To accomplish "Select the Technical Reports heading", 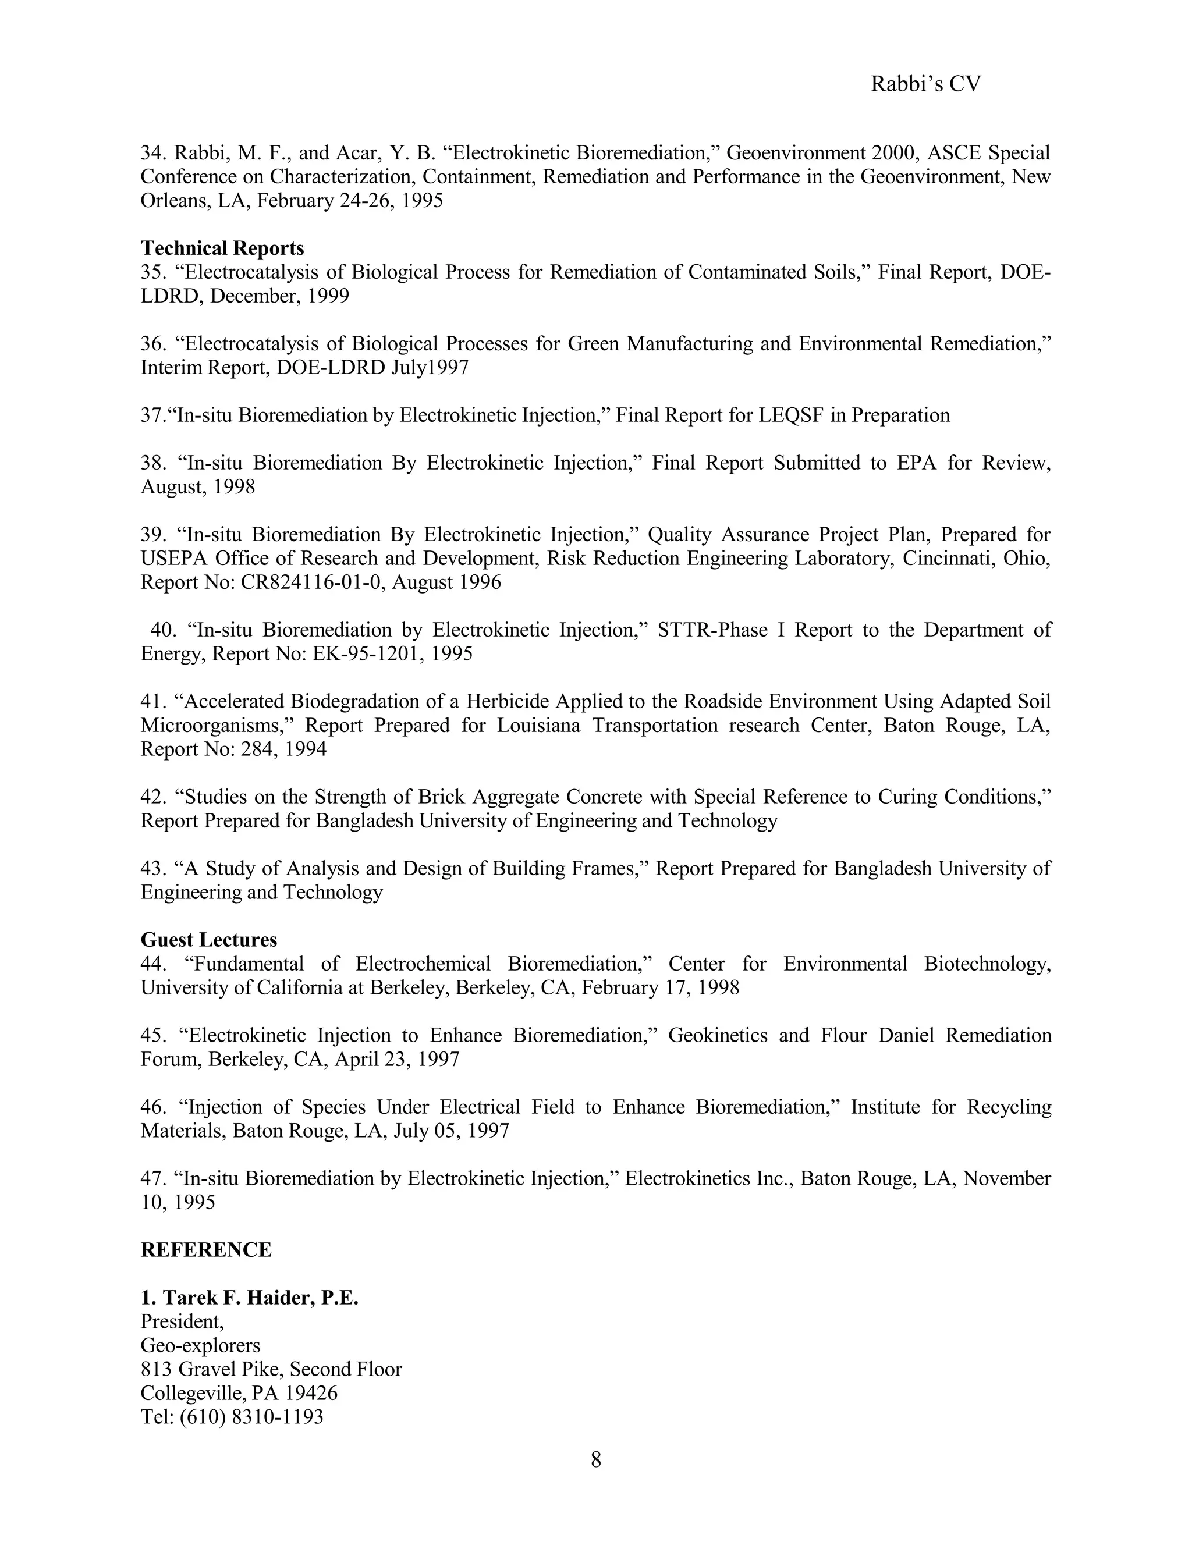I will [x=222, y=248].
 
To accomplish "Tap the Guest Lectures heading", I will [x=209, y=939].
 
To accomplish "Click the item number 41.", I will [x=152, y=701].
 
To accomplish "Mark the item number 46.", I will [x=152, y=1106].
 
